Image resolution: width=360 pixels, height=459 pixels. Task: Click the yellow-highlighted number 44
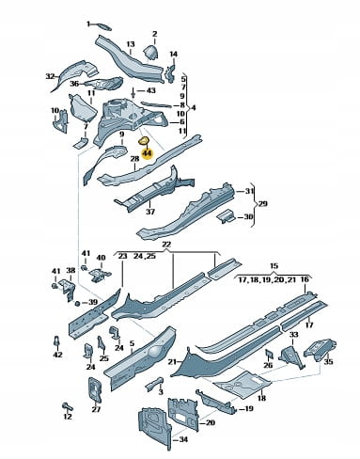pyautogui.click(x=147, y=153)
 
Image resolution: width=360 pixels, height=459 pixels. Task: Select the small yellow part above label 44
pyautogui.click(x=144, y=141)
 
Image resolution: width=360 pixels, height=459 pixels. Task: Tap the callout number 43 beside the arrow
pyautogui.click(x=150, y=90)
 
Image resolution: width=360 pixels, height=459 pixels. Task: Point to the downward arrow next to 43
pyautogui.click(x=133, y=92)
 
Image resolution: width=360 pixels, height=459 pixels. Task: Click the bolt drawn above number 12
pyautogui.click(x=68, y=406)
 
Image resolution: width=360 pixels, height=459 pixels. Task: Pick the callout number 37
pyautogui.click(x=150, y=212)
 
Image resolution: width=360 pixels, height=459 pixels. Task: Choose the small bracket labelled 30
pyautogui.click(x=227, y=216)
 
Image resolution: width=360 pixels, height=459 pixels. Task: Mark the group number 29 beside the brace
pyautogui.click(x=262, y=204)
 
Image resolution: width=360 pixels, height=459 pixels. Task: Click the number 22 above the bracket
pyautogui.click(x=166, y=245)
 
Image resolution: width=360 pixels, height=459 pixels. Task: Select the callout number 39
pyautogui.click(x=93, y=302)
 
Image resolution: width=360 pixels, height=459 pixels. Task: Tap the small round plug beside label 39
pyautogui.click(x=77, y=303)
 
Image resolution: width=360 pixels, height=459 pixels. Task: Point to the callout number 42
pyautogui.click(x=58, y=355)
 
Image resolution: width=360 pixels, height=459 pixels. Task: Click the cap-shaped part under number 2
pyautogui.click(x=151, y=52)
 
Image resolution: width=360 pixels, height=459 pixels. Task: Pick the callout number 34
pyautogui.click(x=183, y=439)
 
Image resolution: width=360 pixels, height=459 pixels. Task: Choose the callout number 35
pyautogui.click(x=328, y=361)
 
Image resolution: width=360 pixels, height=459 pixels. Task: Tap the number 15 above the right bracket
pyautogui.click(x=274, y=266)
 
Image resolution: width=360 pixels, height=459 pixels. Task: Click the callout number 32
pyautogui.click(x=50, y=76)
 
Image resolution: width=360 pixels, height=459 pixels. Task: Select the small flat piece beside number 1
pyautogui.click(x=103, y=26)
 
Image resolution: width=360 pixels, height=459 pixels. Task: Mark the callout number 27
pyautogui.click(x=96, y=409)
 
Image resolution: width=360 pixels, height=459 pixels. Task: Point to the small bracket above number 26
pyautogui.click(x=269, y=354)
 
